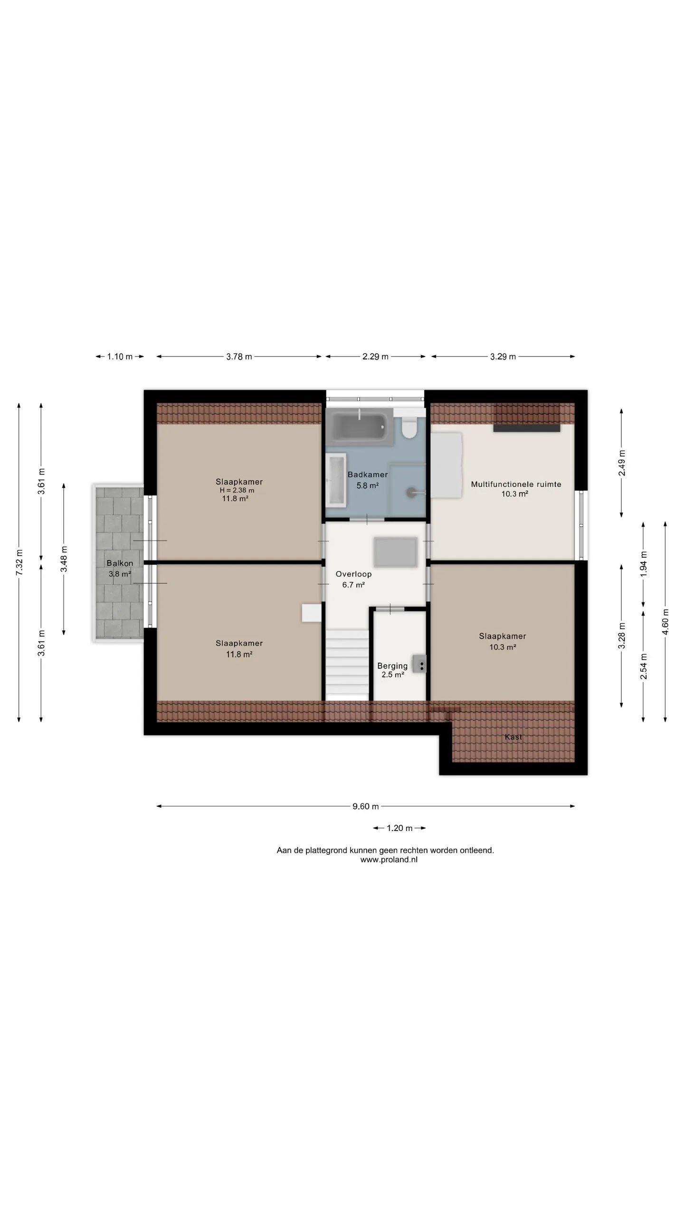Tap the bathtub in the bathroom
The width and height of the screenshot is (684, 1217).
pyautogui.click(x=360, y=426)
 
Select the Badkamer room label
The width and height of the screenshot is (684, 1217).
pyautogui.click(x=368, y=474)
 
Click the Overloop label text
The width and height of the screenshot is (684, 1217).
pyautogui.click(x=353, y=574)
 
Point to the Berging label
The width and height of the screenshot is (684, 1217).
pyautogui.click(x=392, y=666)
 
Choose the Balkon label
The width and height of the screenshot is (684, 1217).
pyautogui.click(x=120, y=563)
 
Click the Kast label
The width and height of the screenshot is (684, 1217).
pyautogui.click(x=513, y=737)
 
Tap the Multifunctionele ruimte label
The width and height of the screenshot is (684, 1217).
pyautogui.click(x=516, y=484)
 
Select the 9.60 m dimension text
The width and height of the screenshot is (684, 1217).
pyautogui.click(x=366, y=806)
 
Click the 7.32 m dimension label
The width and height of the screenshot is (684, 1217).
pyautogui.click(x=19, y=562)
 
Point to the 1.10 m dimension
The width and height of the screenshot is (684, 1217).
pyautogui.click(x=120, y=357)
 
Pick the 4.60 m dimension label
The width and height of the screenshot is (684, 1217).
pyautogui.click(x=665, y=621)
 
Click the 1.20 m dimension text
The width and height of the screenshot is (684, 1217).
pyautogui.click(x=399, y=828)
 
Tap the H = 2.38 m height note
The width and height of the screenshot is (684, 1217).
pyautogui.click(x=237, y=490)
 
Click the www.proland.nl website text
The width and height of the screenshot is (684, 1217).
pyautogui.click(x=389, y=860)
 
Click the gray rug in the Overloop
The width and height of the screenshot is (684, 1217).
pyautogui.click(x=395, y=552)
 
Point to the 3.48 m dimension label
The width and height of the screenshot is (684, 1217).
pyautogui.click(x=64, y=559)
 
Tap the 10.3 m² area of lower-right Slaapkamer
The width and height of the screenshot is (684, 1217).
pyautogui.click(x=503, y=647)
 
